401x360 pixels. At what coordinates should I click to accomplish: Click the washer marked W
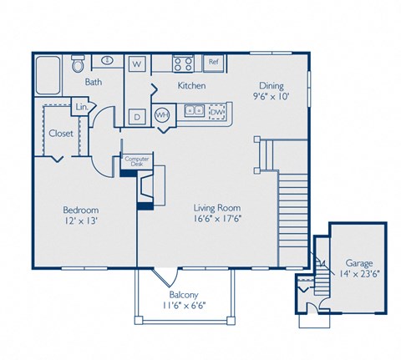click(x=137, y=63)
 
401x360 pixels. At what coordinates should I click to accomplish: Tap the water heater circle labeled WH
click(x=164, y=115)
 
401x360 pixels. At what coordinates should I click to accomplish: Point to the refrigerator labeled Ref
click(x=213, y=62)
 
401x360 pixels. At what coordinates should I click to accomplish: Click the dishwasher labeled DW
click(x=216, y=111)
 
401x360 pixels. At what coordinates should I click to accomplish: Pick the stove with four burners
click(x=183, y=63)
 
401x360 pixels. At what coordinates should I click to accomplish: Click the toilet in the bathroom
click(x=78, y=63)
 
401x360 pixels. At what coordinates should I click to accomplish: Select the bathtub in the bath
click(x=48, y=75)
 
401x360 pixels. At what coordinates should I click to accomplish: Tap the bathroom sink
click(x=108, y=61)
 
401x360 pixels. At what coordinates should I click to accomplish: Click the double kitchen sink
click(x=195, y=109)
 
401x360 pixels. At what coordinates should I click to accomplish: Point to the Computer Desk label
click(x=135, y=162)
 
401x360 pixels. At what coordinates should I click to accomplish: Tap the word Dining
click(x=272, y=84)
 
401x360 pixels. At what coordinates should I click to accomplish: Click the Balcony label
click(x=183, y=294)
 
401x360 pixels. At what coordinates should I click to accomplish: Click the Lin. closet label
click(x=82, y=108)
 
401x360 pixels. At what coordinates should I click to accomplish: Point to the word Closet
click(x=60, y=133)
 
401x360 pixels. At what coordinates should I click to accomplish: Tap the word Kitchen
click(x=191, y=85)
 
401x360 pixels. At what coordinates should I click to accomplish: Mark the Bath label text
click(x=93, y=83)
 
